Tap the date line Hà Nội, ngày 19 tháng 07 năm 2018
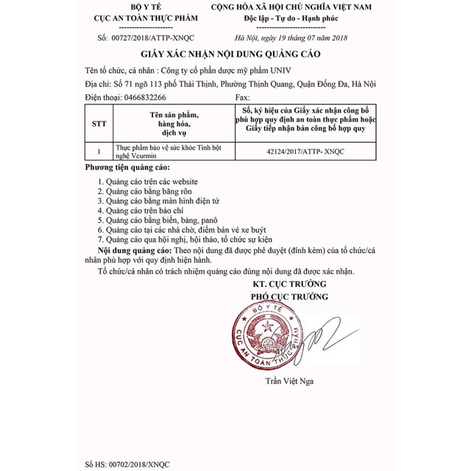click(291, 38)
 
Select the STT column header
click(98, 124)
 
